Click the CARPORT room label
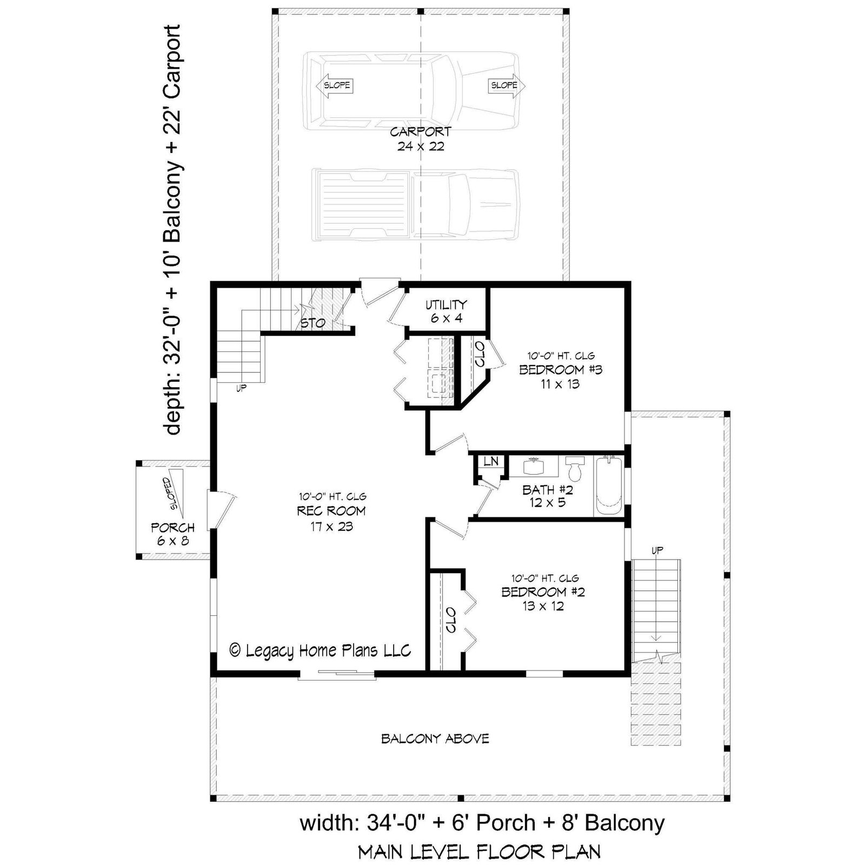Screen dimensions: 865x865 click(x=421, y=131)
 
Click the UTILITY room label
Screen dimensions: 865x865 click(x=446, y=304)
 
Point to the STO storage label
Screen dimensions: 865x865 click(x=312, y=323)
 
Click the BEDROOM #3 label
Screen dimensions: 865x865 click(x=561, y=370)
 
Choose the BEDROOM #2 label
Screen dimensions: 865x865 click(x=543, y=591)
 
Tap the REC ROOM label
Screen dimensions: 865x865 click(x=331, y=511)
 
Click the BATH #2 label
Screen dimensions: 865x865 click(x=547, y=490)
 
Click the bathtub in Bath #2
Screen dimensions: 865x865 click(x=609, y=485)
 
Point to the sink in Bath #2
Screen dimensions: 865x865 click(x=535, y=466)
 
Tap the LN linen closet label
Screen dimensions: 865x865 click(x=491, y=461)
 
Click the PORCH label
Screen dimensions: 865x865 click(x=172, y=527)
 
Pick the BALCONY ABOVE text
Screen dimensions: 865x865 click(x=435, y=738)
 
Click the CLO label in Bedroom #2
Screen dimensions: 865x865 click(x=451, y=620)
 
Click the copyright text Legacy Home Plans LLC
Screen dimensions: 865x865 click(x=321, y=650)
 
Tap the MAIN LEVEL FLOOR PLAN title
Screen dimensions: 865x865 click(x=479, y=852)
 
